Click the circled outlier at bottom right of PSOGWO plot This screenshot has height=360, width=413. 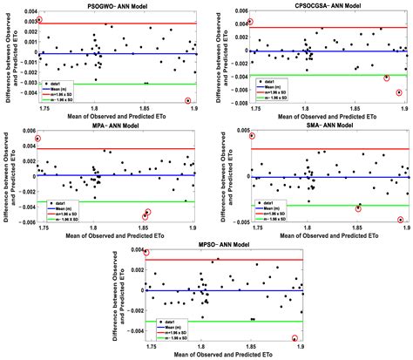point(189,101)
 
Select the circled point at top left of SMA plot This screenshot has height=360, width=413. point(253,136)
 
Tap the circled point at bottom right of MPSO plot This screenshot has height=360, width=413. point(295,337)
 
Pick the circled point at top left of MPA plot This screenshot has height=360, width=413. point(37,139)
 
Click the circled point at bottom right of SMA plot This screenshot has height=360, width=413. point(402,220)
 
